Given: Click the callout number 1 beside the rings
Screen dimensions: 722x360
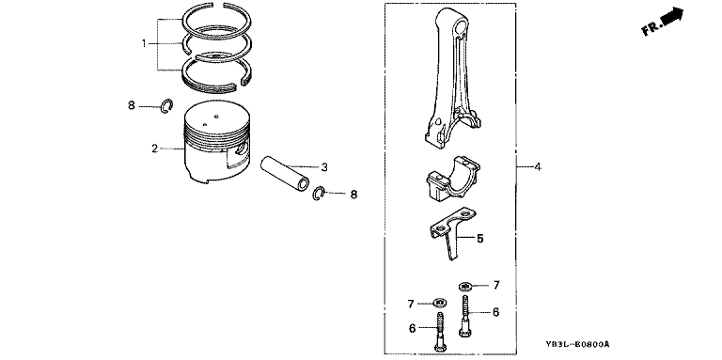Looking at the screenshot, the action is (x=144, y=44).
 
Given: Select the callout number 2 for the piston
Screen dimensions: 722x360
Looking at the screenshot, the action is (x=155, y=149).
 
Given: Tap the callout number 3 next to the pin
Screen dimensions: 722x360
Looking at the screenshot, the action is (x=324, y=167).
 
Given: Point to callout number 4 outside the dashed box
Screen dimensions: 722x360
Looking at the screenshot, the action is (x=538, y=166).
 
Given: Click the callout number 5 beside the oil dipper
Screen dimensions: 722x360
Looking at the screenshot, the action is (x=479, y=239).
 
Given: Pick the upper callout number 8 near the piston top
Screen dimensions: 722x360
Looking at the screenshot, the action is (x=132, y=106).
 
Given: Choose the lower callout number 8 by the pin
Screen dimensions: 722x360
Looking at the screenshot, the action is (x=353, y=195).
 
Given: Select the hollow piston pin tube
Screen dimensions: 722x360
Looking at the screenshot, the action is (x=284, y=173).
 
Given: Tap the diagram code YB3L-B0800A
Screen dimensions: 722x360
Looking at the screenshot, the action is (x=578, y=344).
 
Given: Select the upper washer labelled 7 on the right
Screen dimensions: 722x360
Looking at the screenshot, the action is (x=465, y=287).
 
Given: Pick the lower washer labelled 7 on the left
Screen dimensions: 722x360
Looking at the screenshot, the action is (x=440, y=303).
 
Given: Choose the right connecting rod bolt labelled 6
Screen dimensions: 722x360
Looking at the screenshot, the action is (x=464, y=316).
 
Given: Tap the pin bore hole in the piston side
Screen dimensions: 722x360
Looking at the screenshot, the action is (x=241, y=149).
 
